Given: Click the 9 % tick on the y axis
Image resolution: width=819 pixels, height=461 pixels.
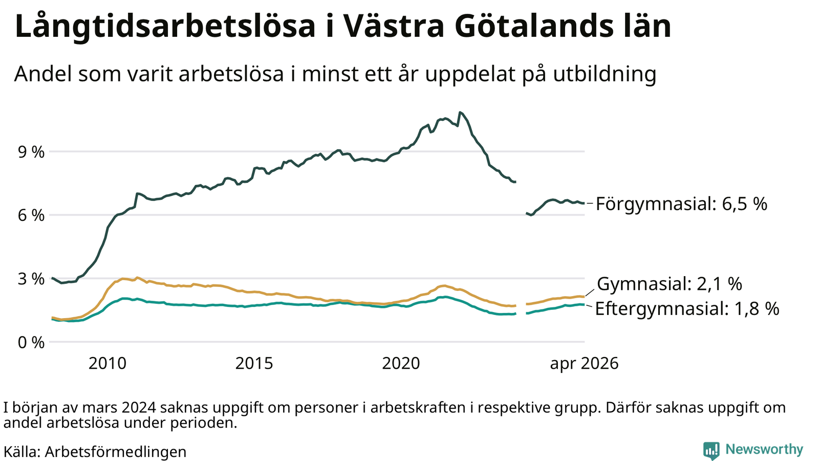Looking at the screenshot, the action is point(31,152).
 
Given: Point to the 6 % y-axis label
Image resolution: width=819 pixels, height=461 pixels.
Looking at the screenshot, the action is point(31,216).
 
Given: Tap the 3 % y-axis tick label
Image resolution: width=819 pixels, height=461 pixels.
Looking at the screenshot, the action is point(31,279).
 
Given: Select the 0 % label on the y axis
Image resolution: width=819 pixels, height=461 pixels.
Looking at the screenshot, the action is point(31,343).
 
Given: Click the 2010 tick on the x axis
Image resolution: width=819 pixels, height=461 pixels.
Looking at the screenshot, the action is point(107,364).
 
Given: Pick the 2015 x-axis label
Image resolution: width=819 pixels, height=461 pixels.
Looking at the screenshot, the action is point(254,364).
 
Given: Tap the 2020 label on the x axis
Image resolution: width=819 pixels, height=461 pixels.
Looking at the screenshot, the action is point(401,364).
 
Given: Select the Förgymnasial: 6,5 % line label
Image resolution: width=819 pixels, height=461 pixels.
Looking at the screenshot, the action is point(681,204).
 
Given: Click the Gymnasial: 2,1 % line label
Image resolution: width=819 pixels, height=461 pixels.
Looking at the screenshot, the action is point(670,284).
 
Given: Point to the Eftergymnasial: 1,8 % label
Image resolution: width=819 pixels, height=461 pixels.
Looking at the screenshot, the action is point(687,309).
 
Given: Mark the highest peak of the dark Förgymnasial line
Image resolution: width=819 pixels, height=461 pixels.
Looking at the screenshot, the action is point(460,112).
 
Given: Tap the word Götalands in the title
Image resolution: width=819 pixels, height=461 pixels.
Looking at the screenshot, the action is point(534,26).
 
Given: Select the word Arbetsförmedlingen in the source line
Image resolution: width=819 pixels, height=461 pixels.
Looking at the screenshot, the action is point(116,452).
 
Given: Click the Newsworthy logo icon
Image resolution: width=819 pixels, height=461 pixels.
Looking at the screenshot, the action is point(711,450).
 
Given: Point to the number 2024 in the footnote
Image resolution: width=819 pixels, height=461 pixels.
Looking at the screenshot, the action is point(140,408).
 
